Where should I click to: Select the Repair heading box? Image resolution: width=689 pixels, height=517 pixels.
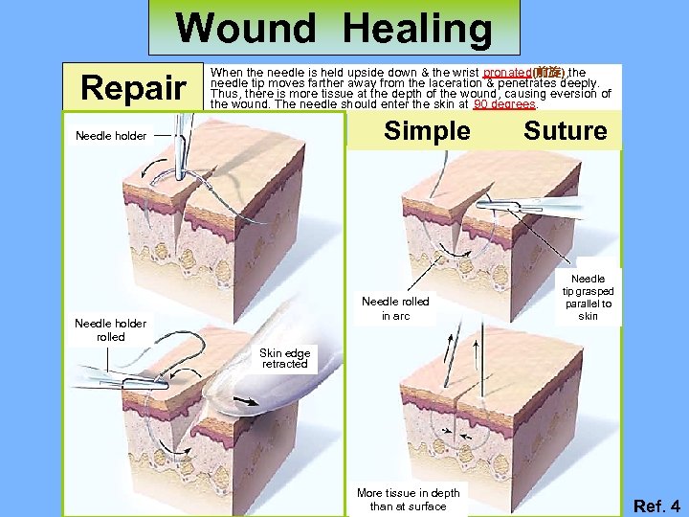click(133, 88)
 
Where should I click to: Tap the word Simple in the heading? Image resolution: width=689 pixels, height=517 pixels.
click(427, 131)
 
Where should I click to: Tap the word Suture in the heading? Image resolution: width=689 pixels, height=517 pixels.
click(565, 131)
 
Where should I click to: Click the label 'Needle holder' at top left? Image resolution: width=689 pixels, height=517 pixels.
click(111, 136)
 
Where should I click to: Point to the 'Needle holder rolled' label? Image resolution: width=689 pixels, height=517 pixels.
click(111, 329)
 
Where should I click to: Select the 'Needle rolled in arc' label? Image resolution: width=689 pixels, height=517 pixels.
click(395, 308)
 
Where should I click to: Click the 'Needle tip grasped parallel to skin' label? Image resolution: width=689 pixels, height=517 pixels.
click(588, 298)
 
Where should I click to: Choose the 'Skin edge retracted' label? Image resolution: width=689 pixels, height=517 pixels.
click(285, 358)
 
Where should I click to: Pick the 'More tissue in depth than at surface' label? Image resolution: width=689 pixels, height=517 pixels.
click(408, 499)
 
